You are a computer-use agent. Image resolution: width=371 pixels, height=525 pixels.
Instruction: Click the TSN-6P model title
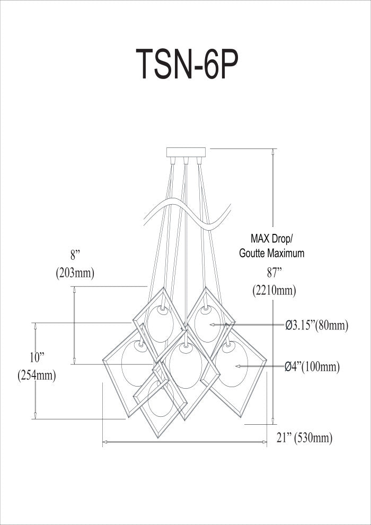pos(187,64)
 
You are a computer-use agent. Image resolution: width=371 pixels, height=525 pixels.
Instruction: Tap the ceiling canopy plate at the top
pos(186,152)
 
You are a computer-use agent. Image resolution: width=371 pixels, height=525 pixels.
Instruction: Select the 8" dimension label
pos(75,255)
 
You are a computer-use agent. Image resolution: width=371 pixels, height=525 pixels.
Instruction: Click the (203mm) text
pos(75,273)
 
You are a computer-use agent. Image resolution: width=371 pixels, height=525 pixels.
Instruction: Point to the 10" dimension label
pos(37,358)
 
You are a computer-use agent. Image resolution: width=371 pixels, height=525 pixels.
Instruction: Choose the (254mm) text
pos(37,375)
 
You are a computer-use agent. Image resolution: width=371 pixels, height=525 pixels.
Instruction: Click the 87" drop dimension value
pos(273,273)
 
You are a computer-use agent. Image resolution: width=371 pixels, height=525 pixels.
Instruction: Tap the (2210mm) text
pos(274,291)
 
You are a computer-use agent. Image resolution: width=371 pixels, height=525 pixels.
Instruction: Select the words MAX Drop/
pos(272,239)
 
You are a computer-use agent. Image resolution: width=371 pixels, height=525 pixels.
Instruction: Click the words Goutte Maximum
pos(272,253)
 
